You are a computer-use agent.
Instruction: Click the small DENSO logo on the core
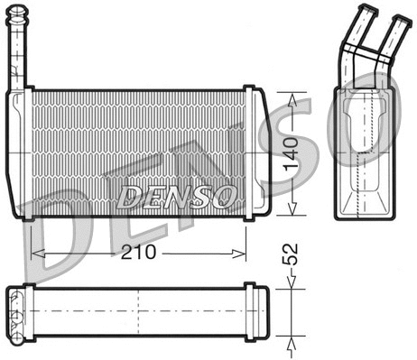pos(179,195)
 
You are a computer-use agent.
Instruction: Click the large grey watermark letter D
pos(54,244)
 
